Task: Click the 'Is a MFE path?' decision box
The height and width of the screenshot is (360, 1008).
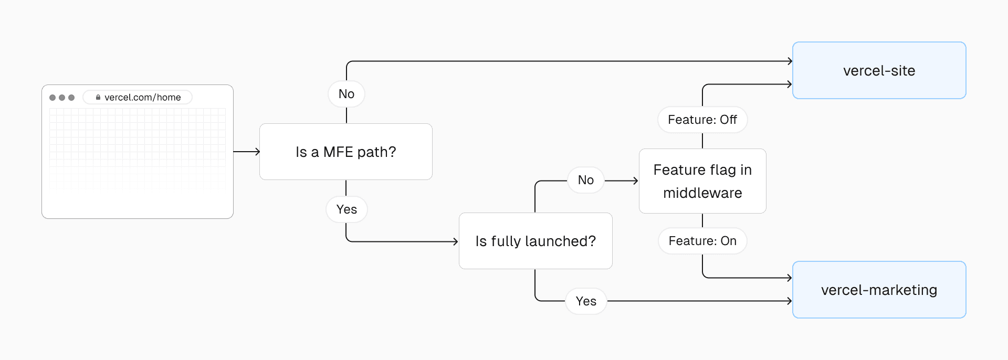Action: [345, 152]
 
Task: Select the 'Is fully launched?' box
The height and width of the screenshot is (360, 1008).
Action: [535, 241]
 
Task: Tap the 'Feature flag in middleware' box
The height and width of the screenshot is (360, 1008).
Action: [702, 181]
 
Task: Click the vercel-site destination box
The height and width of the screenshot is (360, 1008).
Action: [879, 70]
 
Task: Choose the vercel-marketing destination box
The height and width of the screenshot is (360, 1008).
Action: [879, 290]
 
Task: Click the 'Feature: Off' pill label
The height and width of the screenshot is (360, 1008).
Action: [702, 120]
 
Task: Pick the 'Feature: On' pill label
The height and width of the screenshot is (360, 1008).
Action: [702, 241]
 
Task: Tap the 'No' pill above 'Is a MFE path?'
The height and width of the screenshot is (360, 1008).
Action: [346, 94]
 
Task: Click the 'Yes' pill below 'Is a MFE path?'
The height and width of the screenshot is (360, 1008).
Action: [346, 209]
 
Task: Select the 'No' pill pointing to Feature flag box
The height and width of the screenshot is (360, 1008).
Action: [585, 180]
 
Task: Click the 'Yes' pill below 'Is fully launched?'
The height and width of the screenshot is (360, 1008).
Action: [586, 301]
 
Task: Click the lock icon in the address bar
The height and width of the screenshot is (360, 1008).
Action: [98, 97]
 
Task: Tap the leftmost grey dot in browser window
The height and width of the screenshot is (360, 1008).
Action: [52, 98]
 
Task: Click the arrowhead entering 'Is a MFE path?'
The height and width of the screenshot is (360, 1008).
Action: [257, 152]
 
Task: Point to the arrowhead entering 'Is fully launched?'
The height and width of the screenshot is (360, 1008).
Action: [456, 241]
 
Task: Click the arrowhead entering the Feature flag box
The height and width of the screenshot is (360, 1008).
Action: [636, 181]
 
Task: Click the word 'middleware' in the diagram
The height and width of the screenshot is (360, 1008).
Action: [702, 193]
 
